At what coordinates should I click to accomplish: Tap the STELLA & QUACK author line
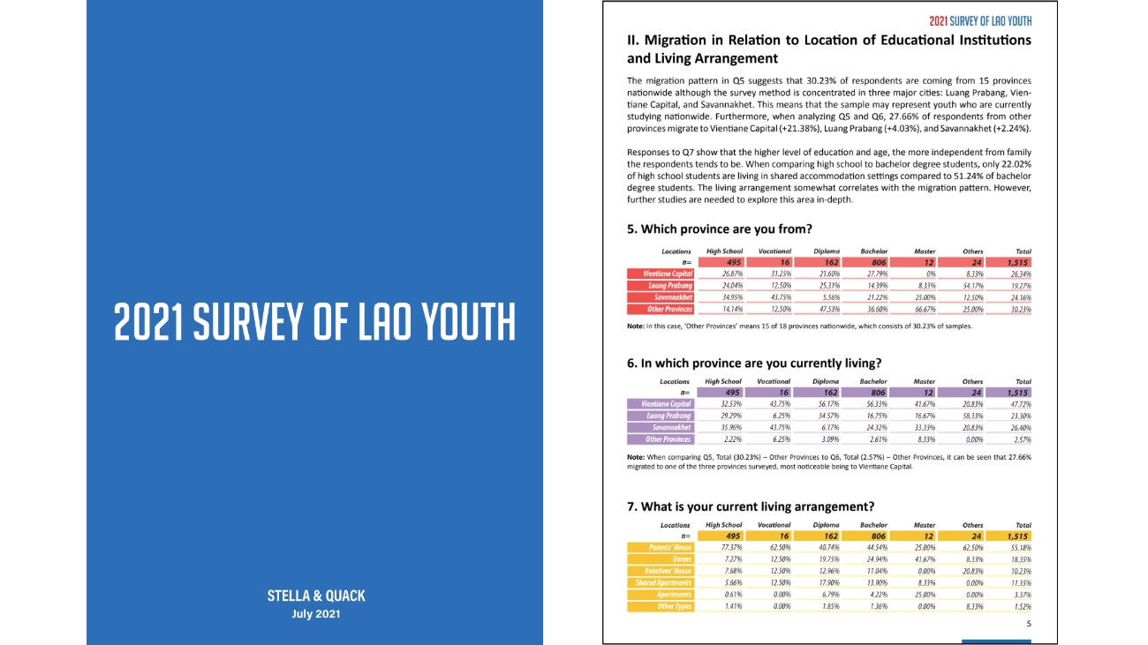(315, 596)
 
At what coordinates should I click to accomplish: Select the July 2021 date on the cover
(315, 614)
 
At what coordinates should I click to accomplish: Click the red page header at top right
(979, 20)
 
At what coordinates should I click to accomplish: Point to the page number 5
(1028, 624)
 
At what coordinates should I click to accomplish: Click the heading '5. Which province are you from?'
(719, 229)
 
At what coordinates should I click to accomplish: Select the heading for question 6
(753, 363)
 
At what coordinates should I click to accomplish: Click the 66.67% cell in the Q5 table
(925, 309)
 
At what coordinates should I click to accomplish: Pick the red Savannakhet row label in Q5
(661, 297)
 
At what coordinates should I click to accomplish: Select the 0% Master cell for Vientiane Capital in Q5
(925, 274)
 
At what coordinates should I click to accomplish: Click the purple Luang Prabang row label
(661, 416)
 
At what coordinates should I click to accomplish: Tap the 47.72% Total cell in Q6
(1020, 404)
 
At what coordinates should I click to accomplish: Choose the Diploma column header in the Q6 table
(827, 382)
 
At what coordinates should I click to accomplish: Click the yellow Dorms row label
(661, 559)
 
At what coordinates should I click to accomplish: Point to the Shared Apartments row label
(661, 582)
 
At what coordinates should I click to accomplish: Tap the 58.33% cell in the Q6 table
(972, 416)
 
